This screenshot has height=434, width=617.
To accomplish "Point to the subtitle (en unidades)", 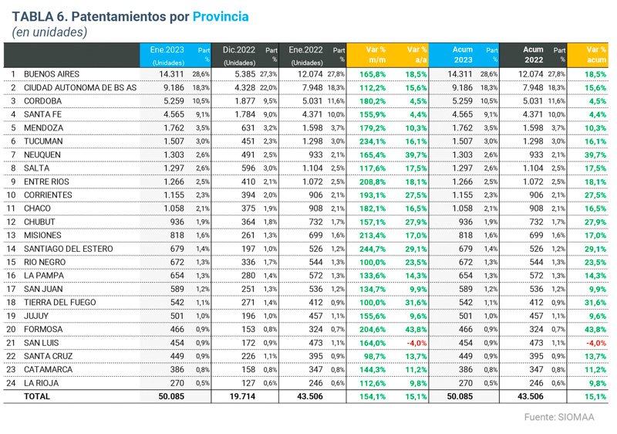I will coord(49,32).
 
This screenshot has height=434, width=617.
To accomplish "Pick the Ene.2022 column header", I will coord(307,50).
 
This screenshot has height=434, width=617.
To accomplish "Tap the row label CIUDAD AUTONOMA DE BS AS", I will coord(79,88).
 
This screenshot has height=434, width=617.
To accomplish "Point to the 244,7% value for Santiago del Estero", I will coord(373,249).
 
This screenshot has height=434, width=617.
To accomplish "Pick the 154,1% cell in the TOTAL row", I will coord(373,396).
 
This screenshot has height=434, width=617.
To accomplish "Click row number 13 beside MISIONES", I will coord(12,235).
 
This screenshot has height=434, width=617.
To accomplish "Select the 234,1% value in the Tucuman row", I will coord(373,141).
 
